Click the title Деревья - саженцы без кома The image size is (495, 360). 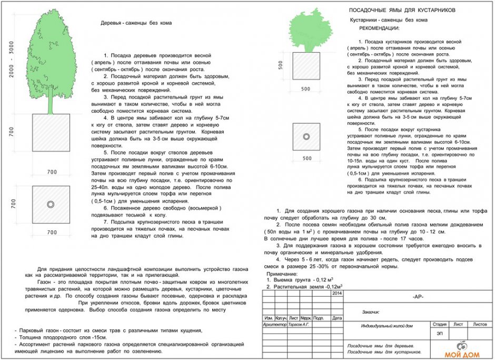pos(136,23)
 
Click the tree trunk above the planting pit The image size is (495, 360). pos(51,105)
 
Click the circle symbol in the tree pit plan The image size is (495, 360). pos(51,204)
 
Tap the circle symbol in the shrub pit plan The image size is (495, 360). pos(306,137)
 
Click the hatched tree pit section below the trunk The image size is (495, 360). pos(51,133)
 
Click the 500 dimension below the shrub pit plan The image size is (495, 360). pos(306,158)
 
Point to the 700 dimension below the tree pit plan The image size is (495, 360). pos(51,232)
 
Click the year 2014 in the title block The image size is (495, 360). pos(337,293)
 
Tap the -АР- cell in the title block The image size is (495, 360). pos(418,297)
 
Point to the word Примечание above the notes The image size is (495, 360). pos(282,274)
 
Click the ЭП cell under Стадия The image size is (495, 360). pos(439,333)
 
